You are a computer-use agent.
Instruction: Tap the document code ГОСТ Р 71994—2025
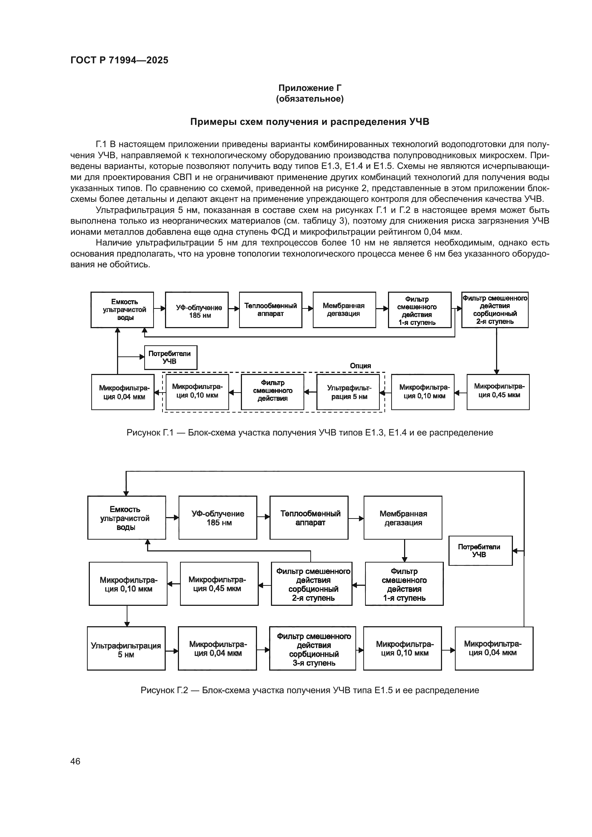[x=119, y=60]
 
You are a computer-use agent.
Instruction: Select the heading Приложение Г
[x=310, y=88]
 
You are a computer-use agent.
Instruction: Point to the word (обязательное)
[x=310, y=99]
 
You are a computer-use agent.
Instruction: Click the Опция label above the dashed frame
[x=360, y=366]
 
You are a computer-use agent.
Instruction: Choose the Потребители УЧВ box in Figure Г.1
[x=171, y=357]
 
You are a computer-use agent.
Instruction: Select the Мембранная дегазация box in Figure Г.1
[x=344, y=310]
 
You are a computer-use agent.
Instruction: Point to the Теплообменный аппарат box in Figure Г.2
[x=309, y=518]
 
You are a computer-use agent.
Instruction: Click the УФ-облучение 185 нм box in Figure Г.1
[x=196, y=310]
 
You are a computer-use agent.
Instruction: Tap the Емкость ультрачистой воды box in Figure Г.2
[x=126, y=518]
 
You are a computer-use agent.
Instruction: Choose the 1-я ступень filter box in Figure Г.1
[x=419, y=310]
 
